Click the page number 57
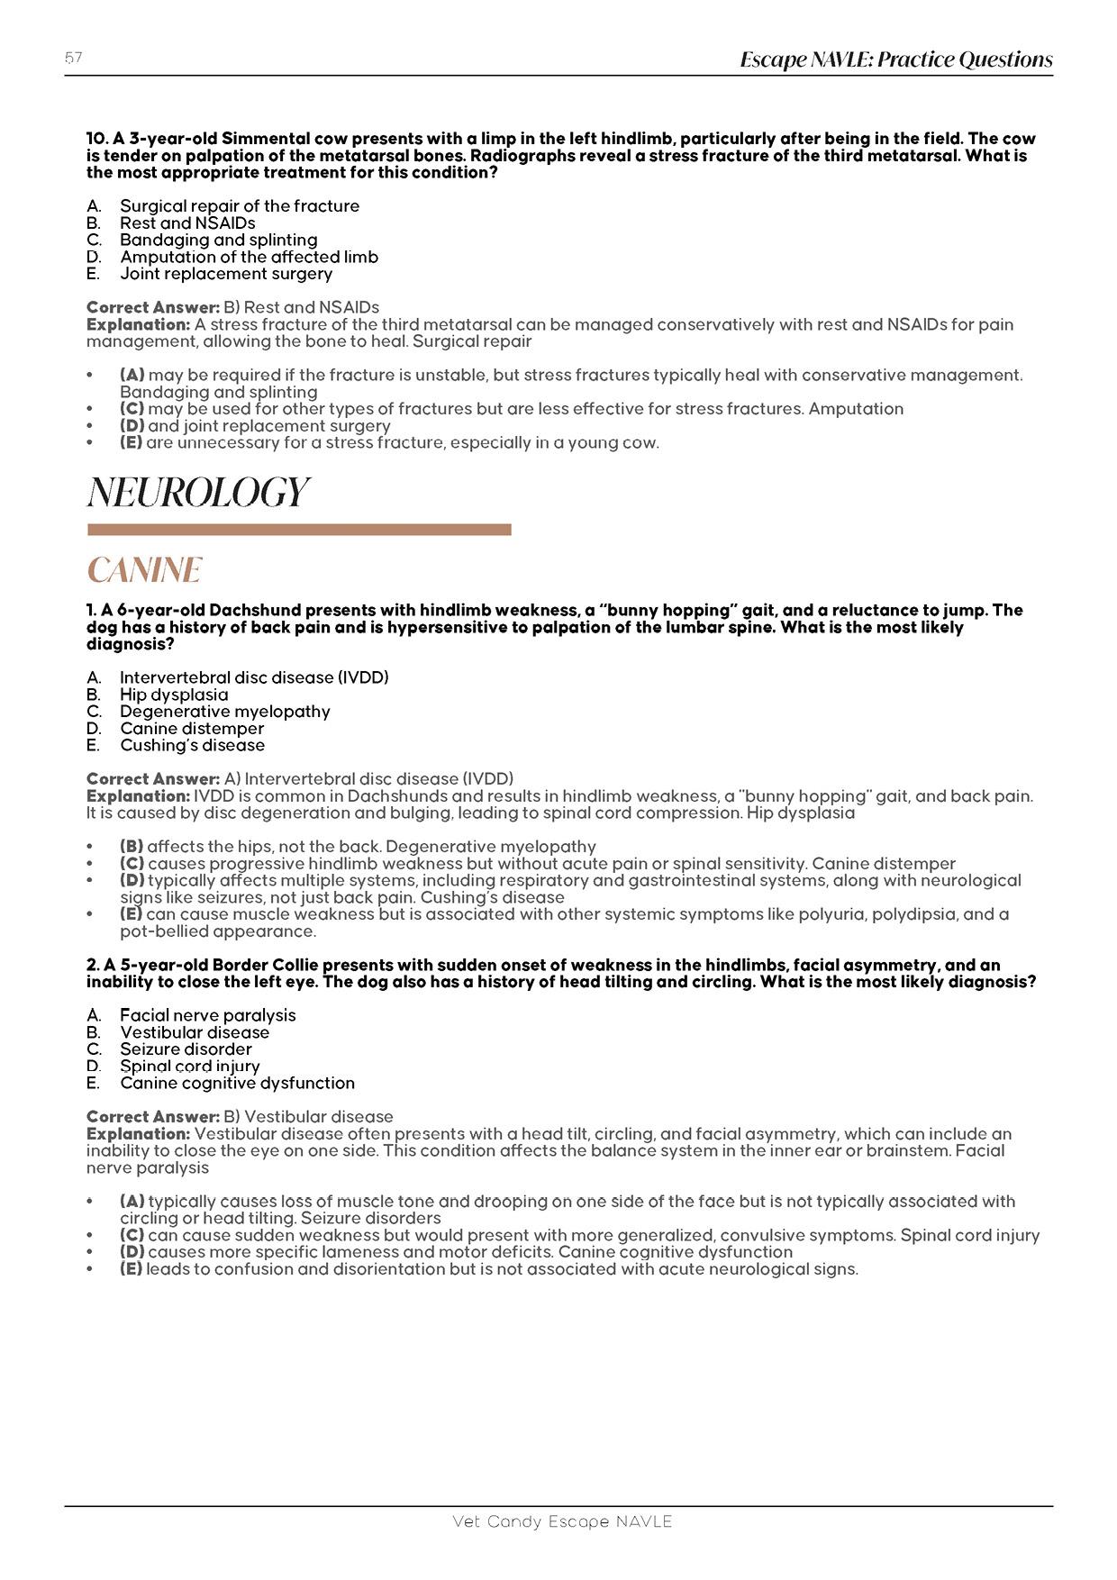click(74, 59)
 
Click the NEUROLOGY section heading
click(198, 493)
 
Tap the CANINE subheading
click(144, 570)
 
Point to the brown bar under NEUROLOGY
click(299, 530)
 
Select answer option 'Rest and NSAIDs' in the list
click(187, 223)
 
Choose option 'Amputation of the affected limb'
click(249, 257)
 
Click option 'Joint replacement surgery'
click(226, 274)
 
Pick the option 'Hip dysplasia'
click(174, 695)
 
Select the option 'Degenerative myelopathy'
click(225, 712)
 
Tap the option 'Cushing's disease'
click(192, 745)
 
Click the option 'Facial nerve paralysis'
click(207, 1015)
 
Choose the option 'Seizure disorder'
click(186, 1049)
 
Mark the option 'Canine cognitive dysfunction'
click(237, 1083)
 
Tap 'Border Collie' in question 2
click(264, 965)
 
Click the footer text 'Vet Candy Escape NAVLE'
click(562, 1521)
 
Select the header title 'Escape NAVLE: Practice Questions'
click(895, 59)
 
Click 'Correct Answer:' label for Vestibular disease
click(153, 1117)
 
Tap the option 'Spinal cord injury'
click(189, 1067)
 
